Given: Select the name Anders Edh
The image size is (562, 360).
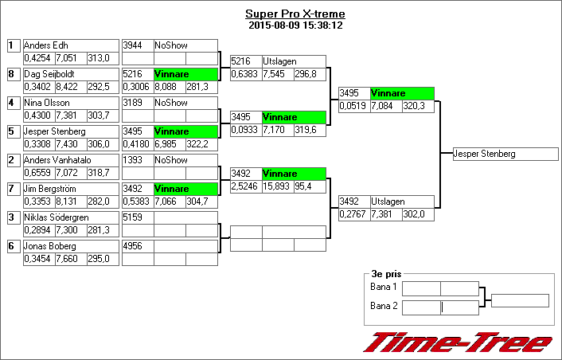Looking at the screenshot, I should [46, 45].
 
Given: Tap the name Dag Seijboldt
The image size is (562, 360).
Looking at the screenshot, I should [51, 74].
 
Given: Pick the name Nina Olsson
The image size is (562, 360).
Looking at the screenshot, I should [48, 103].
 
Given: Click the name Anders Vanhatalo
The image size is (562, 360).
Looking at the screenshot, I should [57, 160].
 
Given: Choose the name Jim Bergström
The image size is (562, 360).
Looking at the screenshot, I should [53, 189].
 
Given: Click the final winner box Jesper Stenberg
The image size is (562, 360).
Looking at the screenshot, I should [485, 154].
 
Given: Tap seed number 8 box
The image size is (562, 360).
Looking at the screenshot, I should [12, 74].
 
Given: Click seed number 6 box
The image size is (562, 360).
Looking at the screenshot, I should [12, 246].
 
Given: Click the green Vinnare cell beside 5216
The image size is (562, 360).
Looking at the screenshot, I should [185, 74].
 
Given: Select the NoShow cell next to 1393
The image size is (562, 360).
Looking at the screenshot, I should [185, 160].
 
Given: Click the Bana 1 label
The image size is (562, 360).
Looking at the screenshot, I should [384, 287].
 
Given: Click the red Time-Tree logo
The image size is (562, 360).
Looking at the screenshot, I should [458, 342].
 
